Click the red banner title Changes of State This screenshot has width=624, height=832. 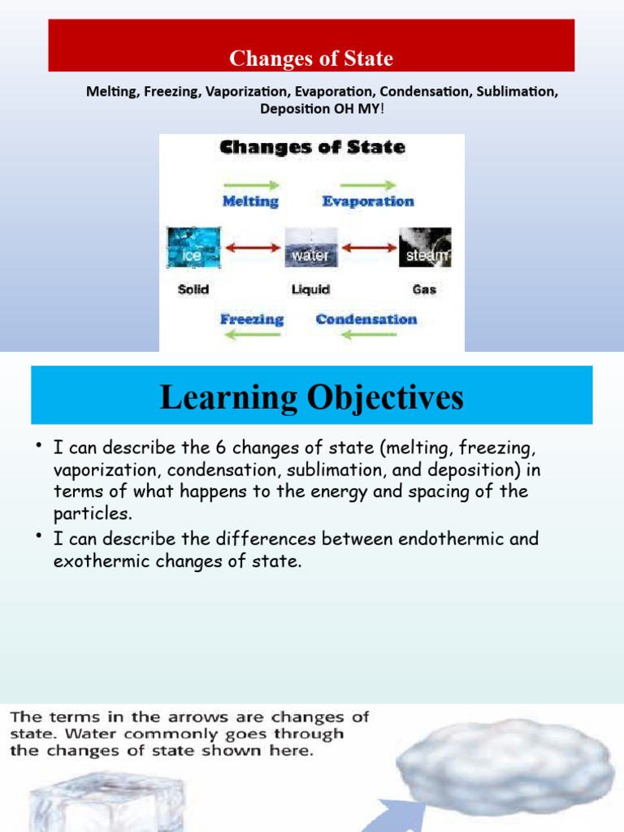(x=311, y=58)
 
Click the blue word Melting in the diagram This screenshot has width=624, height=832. (x=250, y=201)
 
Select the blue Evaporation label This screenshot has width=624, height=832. (x=368, y=201)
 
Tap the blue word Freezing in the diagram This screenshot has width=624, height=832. (x=252, y=318)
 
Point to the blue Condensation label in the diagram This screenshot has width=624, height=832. (x=366, y=318)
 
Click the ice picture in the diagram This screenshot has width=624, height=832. (x=193, y=248)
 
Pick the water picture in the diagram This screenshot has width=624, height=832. (x=310, y=248)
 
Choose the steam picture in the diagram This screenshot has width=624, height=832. (x=424, y=248)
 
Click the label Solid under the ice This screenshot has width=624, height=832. (x=193, y=289)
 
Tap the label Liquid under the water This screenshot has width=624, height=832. (x=310, y=289)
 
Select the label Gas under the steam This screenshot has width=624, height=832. (x=424, y=289)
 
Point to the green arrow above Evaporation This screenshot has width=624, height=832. (x=368, y=185)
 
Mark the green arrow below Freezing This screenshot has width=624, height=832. (x=252, y=334)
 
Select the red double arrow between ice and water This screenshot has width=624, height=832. (x=252, y=248)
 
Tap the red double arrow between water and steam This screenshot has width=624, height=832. (x=368, y=248)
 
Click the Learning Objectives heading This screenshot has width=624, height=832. (x=311, y=397)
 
